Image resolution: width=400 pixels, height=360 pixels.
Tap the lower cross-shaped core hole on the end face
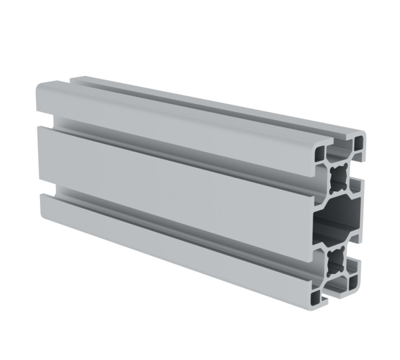pyautogui.click(x=335, y=257)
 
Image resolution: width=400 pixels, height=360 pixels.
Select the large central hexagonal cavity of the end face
pyautogui.click(x=339, y=216)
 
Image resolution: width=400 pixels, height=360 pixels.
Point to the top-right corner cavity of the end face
pyautogui.click(x=358, y=144)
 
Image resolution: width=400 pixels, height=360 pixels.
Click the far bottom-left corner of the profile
pyautogui.click(x=41, y=217)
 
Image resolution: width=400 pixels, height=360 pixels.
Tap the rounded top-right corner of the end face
pyautogui.click(x=365, y=135)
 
